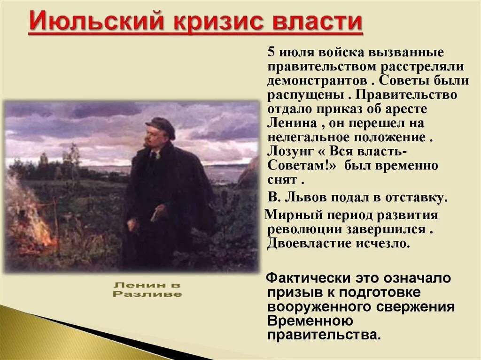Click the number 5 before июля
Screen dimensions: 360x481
pos(272,52)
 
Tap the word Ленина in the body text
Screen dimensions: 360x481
pos(289,124)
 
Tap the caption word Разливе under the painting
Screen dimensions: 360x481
pos(147,294)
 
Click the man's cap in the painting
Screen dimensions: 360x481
pos(160,125)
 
